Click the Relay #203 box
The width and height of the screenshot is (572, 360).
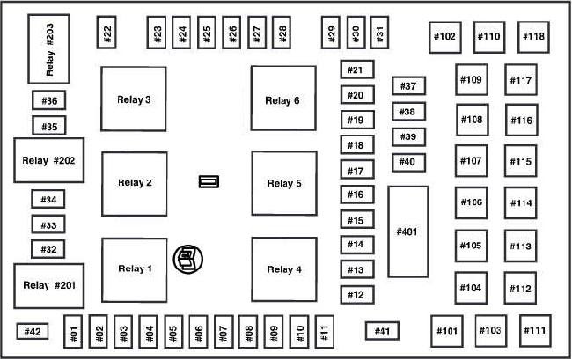pyautogui.click(x=48, y=49)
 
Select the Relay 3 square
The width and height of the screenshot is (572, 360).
pyautogui.click(x=134, y=99)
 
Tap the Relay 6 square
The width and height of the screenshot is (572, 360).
pyautogui.click(x=283, y=98)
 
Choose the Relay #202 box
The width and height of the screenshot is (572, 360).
pyautogui.click(x=49, y=160)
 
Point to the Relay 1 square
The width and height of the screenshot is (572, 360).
pyautogui.click(x=135, y=270)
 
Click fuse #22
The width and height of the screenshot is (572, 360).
pyautogui.click(x=106, y=32)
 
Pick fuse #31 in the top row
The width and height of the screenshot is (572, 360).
pyautogui.click(x=379, y=33)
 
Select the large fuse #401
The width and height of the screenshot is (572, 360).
pyautogui.click(x=407, y=231)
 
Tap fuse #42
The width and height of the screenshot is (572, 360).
pyautogui.click(x=33, y=331)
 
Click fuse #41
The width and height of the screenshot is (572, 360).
pyautogui.click(x=382, y=331)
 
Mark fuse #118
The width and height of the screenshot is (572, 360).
pyautogui.click(x=533, y=37)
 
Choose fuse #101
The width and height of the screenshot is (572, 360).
pyautogui.click(x=447, y=331)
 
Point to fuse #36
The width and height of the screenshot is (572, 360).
pyautogui.click(x=49, y=100)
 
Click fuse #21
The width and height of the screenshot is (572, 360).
pyautogui.click(x=357, y=70)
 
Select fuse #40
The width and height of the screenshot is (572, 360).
pyautogui.click(x=408, y=162)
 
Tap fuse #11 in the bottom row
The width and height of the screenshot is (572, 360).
pyautogui.click(x=325, y=332)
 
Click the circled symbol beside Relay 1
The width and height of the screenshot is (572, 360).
pyautogui.click(x=187, y=259)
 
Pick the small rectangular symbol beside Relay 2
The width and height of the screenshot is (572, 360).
pyautogui.click(x=209, y=181)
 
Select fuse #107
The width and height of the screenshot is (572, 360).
pyautogui.click(x=471, y=161)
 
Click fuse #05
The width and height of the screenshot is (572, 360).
pyautogui.click(x=173, y=332)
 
